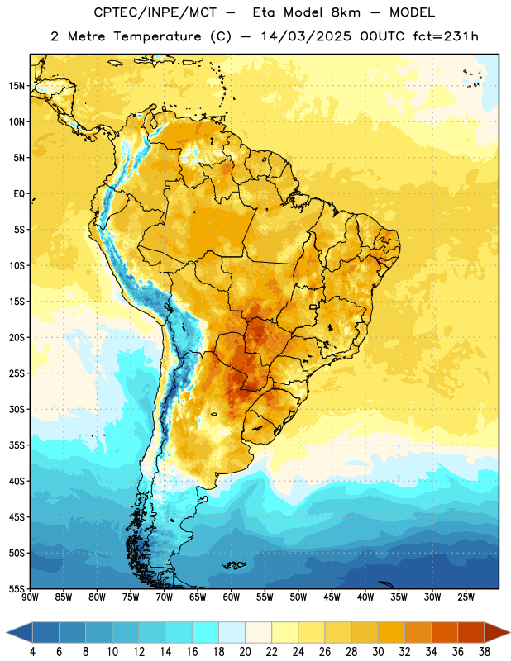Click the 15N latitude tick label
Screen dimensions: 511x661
click(17, 86)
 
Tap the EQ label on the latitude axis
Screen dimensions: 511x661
click(19, 194)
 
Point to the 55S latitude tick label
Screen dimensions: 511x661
click(17, 588)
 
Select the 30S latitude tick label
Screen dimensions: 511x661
click(17, 409)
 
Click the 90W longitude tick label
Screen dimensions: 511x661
click(30, 597)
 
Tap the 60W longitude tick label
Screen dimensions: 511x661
click(232, 597)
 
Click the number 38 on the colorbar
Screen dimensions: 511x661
click(485, 652)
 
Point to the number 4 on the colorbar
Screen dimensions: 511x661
click(32, 652)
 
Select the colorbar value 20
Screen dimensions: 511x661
click(245, 652)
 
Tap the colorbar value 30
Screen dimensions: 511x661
click(378, 652)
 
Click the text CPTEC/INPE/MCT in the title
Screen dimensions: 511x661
click(155, 12)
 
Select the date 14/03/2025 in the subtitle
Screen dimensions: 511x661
click(306, 36)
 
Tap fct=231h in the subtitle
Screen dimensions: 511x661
click(446, 36)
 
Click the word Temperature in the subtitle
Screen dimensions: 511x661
click(157, 37)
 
